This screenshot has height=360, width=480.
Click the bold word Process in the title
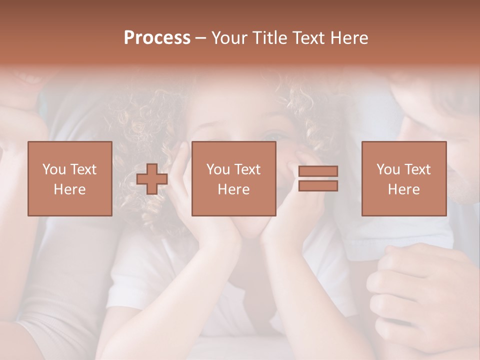pyautogui.click(x=157, y=38)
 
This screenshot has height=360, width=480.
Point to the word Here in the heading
pyautogui.click(x=350, y=38)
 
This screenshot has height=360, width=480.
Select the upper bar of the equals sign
pyautogui.click(x=318, y=171)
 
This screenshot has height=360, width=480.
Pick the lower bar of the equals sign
pyautogui.click(x=318, y=186)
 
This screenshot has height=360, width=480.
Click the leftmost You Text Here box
pyautogui.click(x=69, y=178)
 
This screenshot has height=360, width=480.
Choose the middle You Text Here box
pyautogui.click(x=233, y=178)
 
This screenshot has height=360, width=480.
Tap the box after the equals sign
pyautogui.click(x=403, y=178)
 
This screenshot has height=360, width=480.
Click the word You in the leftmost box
pyautogui.click(x=54, y=169)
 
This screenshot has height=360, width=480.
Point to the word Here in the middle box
pyautogui.click(x=233, y=189)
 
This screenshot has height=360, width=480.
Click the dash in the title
pyautogui.click(x=201, y=38)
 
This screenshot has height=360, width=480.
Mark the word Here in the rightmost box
pyautogui.click(x=403, y=189)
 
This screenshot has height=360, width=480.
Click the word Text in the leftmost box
pyautogui.click(x=82, y=169)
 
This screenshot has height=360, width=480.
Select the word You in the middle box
pyautogui.click(x=218, y=169)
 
